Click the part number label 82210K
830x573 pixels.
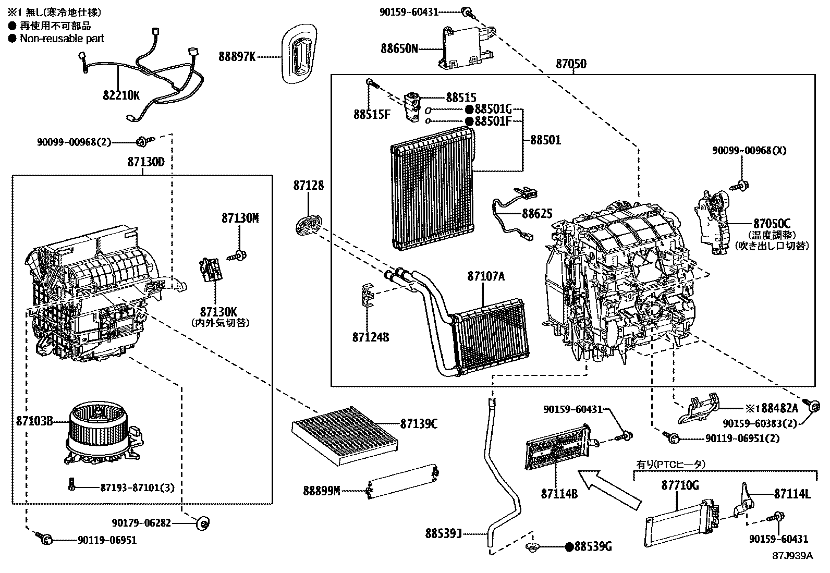[121, 96]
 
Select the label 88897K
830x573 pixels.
[237, 56]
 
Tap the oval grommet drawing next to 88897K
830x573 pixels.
[299, 54]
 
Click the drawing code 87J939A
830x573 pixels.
[792, 556]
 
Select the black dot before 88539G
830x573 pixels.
[570, 546]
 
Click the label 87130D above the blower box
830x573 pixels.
[145, 162]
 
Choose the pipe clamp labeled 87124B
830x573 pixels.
[369, 296]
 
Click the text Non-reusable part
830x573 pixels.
[62, 39]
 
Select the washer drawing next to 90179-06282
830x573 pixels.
[203, 522]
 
